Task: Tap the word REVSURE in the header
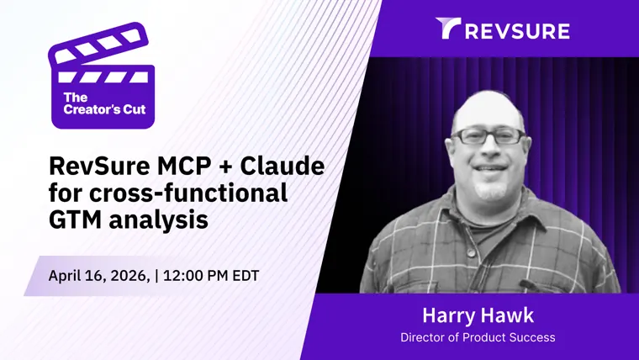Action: pyautogui.click(x=517, y=31)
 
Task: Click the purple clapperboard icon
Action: pyautogui.click(x=102, y=76)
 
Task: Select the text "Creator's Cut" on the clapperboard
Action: pyautogui.click(x=105, y=109)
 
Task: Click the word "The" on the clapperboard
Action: pyautogui.click(x=76, y=98)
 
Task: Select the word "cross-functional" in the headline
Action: pyautogui.click(x=188, y=193)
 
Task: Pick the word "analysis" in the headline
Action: pyautogui.click(x=159, y=220)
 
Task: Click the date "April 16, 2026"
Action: pyautogui.click(x=99, y=276)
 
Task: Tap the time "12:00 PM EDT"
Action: pyautogui.click(x=211, y=276)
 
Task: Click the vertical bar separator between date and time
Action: pyautogui.click(x=156, y=276)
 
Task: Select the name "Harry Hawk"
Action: pyautogui.click(x=478, y=315)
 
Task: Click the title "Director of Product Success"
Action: pyautogui.click(x=478, y=337)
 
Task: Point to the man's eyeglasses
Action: pyautogui.click(x=489, y=136)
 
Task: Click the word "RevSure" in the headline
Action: pyautogui.click(x=99, y=166)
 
